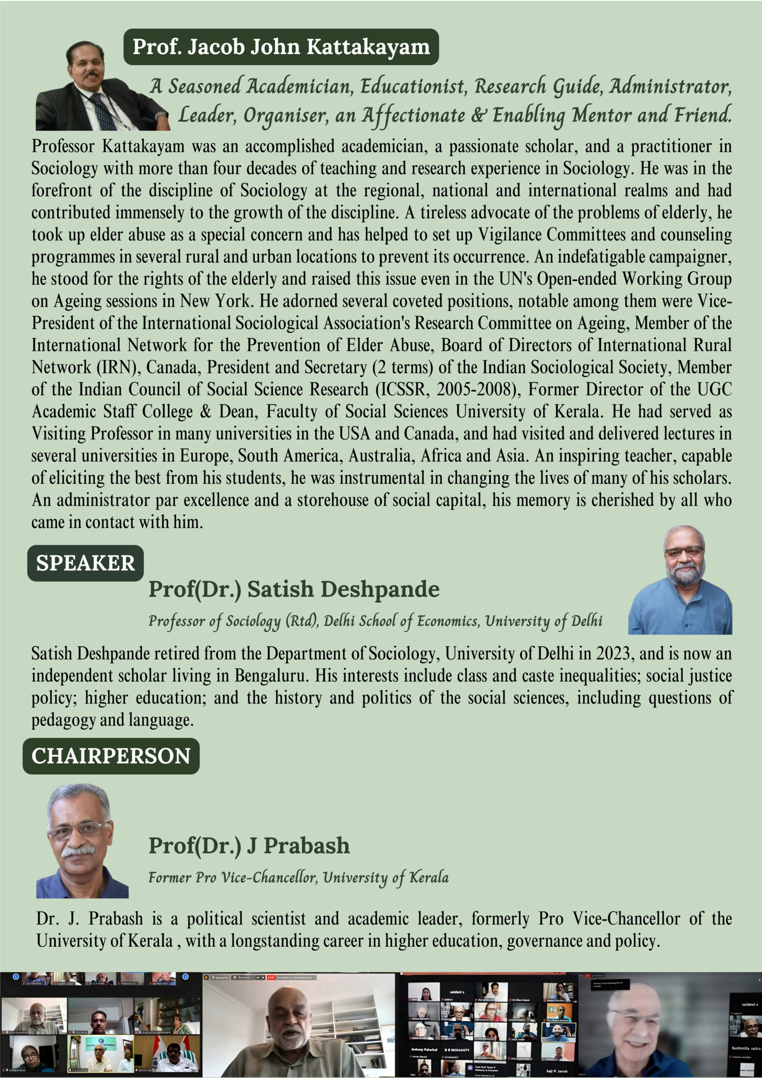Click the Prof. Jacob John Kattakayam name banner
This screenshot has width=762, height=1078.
(281, 47)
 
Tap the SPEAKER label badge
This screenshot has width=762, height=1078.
(85, 563)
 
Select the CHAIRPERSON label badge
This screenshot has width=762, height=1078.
(111, 756)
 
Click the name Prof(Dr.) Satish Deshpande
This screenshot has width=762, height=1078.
(294, 589)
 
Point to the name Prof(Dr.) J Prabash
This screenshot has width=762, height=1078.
(249, 846)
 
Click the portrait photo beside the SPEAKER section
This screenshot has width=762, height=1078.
(680, 580)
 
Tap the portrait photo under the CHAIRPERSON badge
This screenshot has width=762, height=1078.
(82, 841)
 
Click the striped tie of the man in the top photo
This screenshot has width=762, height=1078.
(104, 111)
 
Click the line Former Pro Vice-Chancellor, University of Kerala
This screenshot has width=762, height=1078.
(298, 877)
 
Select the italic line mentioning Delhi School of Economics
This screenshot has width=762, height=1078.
(375, 621)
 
